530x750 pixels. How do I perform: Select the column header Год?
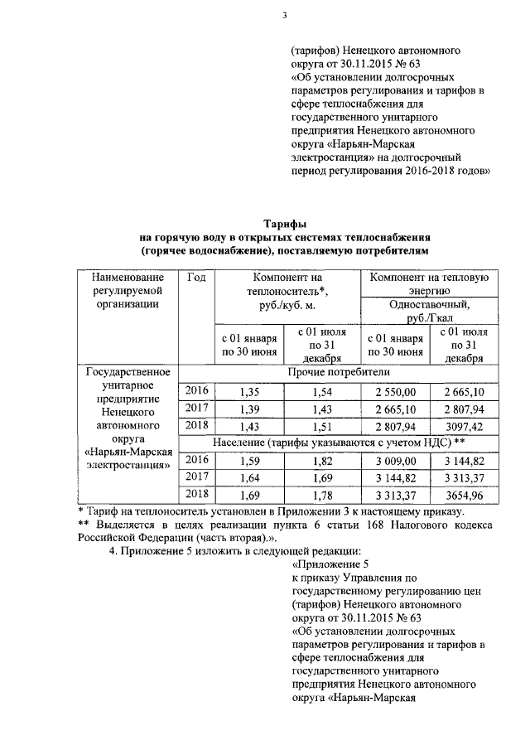[196, 277]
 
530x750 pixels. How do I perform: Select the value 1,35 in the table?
[249, 391]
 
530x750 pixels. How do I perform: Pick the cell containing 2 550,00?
[393, 391]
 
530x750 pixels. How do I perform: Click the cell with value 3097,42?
[463, 426]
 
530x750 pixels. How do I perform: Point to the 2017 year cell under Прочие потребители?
[196, 409]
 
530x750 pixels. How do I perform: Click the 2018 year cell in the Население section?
[196, 495]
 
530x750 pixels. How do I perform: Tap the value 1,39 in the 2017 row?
[249, 409]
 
